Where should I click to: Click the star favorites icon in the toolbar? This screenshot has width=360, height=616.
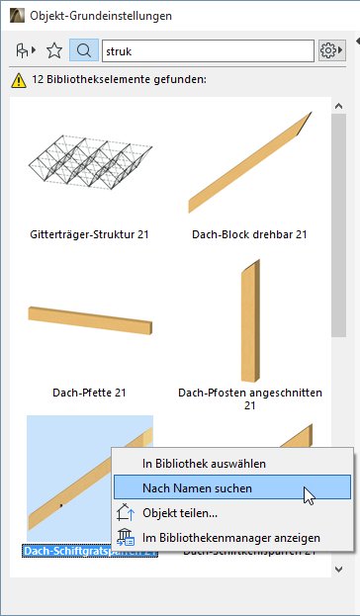54,49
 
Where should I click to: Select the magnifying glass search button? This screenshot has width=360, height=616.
84,49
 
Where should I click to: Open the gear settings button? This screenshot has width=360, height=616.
330,49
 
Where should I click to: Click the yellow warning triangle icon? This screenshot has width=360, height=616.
18,79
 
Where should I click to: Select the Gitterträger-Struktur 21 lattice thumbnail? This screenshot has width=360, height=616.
90,163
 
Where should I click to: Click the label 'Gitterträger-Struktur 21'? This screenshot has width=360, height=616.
90,235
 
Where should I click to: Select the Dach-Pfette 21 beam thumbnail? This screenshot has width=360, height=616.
90,326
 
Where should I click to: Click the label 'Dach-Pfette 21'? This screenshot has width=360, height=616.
90,393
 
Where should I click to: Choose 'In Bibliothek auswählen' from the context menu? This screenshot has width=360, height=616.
205,463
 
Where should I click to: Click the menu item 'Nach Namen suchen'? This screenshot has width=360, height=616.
197,487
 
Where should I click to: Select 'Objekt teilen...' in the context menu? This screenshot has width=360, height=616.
180,513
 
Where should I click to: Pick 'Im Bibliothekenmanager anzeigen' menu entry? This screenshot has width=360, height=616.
231,538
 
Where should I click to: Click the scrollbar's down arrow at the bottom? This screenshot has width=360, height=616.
338,569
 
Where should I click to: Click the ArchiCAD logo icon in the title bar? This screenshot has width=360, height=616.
15,16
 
